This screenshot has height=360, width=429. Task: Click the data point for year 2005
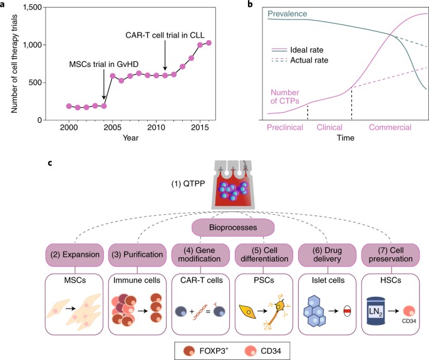[x=113, y=76]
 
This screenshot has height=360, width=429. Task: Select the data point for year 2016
[x=209, y=43]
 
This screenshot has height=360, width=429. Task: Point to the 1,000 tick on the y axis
[x=44, y=45]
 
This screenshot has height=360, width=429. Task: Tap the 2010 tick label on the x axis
[x=156, y=128]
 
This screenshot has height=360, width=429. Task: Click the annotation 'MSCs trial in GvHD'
[x=104, y=64]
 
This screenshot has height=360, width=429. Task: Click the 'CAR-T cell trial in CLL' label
[x=165, y=35]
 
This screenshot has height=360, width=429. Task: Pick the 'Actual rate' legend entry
[x=300, y=60]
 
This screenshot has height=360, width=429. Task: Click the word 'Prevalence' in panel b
[x=287, y=14]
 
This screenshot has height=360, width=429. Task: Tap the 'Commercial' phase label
[x=390, y=128]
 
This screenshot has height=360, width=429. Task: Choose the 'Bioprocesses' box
[x=233, y=228]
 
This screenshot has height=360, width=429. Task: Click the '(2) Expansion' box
[x=75, y=255]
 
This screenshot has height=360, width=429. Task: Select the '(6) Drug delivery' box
[x=327, y=255]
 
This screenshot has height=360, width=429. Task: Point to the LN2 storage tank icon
[x=376, y=311]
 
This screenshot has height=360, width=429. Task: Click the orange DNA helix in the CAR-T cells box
[x=200, y=312]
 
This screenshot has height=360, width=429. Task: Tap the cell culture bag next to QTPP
[x=233, y=185]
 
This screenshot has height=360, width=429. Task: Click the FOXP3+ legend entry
[x=206, y=351]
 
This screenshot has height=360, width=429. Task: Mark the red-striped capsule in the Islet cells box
[x=347, y=311]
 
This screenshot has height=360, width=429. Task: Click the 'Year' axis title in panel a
[x=130, y=138]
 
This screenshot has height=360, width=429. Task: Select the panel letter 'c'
[x=50, y=163]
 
